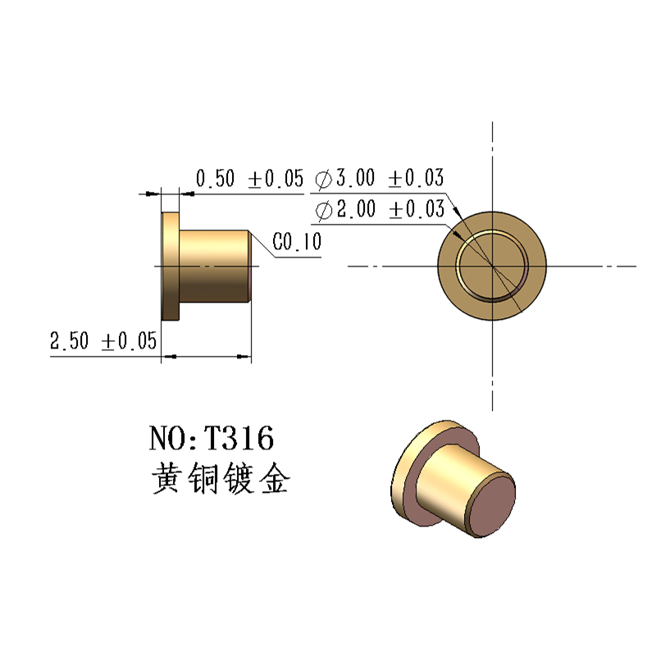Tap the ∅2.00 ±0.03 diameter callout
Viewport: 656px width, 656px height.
click(x=379, y=210)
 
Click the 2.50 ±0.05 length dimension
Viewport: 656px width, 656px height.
click(x=102, y=341)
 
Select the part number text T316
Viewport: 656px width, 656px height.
click(x=239, y=439)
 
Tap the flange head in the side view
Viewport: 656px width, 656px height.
click(x=171, y=266)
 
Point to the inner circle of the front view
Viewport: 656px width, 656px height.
click(x=492, y=266)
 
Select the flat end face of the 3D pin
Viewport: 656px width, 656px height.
click(x=490, y=506)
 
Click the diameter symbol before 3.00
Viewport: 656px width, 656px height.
click(x=322, y=179)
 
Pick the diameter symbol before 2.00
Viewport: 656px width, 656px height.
click(x=322, y=211)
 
